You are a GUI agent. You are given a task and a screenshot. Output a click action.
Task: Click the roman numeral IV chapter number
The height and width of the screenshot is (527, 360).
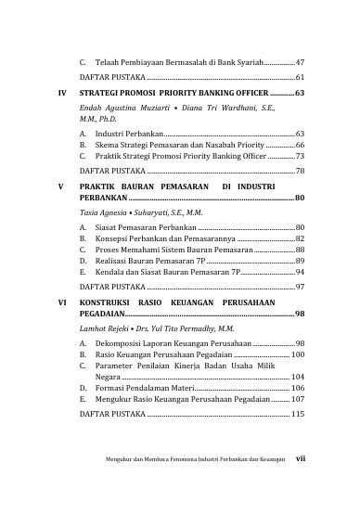(x=61, y=94)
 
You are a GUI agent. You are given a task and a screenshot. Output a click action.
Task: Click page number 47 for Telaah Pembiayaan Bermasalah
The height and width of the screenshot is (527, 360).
(x=300, y=61)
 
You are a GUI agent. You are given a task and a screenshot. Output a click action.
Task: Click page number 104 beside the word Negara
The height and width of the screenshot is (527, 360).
(x=297, y=377)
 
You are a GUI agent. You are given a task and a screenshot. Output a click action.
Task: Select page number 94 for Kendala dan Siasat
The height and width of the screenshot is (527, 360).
(x=300, y=274)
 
